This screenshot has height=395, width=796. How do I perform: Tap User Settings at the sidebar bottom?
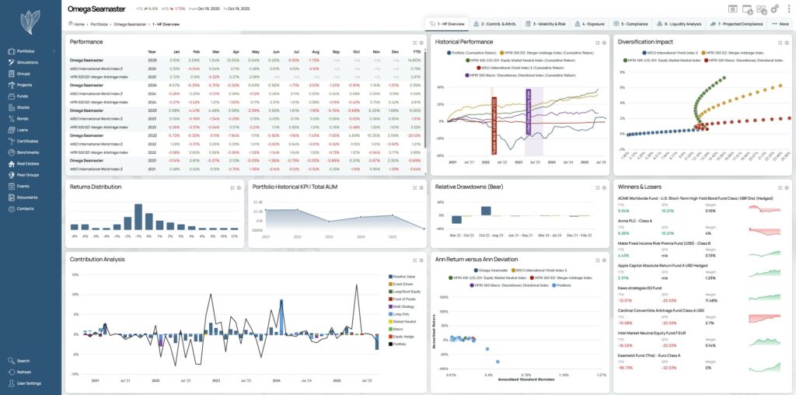point(29,383)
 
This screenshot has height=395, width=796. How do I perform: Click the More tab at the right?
point(780,24)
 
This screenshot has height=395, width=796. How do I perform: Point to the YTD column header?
point(416,51)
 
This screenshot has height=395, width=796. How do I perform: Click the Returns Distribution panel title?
point(96,187)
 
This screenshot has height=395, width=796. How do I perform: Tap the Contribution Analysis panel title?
point(97,259)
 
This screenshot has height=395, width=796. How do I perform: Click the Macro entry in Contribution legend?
point(398,329)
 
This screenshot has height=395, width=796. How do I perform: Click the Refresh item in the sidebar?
point(24,372)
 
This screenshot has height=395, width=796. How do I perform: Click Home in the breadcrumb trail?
point(79,24)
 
